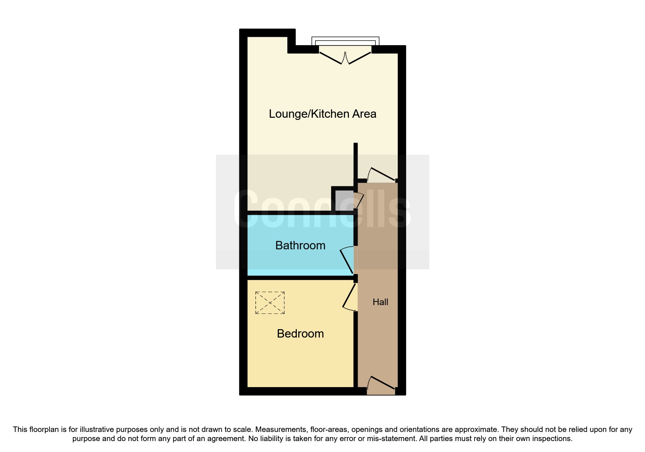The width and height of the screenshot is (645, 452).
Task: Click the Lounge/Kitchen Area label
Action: tap(322, 114)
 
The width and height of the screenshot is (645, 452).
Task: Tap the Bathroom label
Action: tap(300, 246)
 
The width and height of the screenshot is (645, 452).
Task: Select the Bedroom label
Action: tap(300, 334)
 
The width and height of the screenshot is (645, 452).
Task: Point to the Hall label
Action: tap(380, 302)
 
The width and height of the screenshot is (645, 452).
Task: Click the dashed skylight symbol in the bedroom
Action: tap(270, 303)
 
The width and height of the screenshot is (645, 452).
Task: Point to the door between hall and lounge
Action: tap(382, 174)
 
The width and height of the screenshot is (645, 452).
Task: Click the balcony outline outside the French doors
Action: tap(345, 40)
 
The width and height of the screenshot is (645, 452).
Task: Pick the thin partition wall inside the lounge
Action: tap(356, 160)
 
